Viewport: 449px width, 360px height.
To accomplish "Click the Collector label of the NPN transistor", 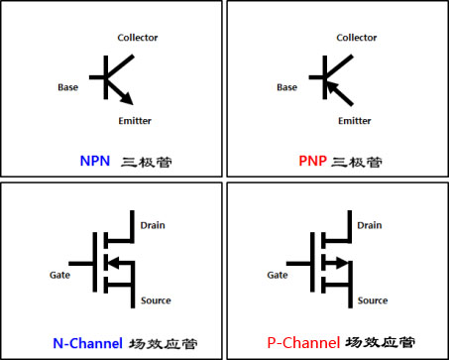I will pyautogui.click(x=138, y=38).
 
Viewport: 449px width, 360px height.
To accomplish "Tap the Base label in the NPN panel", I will pyautogui.click(x=68, y=87).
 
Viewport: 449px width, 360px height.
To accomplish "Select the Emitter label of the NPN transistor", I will pyautogui.click(x=135, y=121).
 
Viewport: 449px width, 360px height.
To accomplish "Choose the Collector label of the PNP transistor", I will pyautogui.click(x=357, y=38).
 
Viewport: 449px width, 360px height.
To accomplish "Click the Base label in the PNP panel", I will pyautogui.click(x=286, y=87).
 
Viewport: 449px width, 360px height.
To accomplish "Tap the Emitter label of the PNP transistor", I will pyautogui.click(x=354, y=121).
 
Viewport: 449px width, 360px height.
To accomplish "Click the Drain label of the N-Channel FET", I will pyautogui.click(x=152, y=225).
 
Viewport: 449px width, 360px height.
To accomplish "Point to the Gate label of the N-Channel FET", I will pyautogui.click(x=59, y=274).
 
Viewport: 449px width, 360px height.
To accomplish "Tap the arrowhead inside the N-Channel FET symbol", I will pyautogui.click(x=111, y=263).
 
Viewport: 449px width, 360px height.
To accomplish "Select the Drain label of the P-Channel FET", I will pyautogui.click(x=369, y=225).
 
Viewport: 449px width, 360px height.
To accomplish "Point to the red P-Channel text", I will pyautogui.click(x=302, y=342).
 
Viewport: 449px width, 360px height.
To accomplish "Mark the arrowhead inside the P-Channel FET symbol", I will pyautogui.click(x=340, y=263).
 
